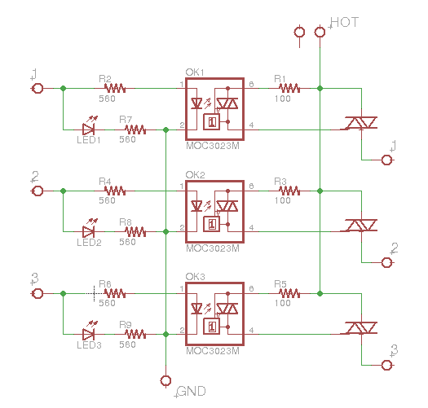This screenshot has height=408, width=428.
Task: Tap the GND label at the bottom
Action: (192, 391)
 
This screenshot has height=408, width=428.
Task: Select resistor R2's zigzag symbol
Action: (114, 88)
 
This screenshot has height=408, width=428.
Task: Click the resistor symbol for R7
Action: (135, 128)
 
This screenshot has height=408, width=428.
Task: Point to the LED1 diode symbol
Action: (90, 128)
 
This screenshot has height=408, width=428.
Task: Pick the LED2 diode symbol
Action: (90, 231)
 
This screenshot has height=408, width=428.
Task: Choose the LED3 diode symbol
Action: (90, 333)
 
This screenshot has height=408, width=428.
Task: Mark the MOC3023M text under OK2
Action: (213, 248)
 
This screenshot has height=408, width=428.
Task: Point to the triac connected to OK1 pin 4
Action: (360, 123)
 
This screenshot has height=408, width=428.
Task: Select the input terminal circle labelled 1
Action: (37, 88)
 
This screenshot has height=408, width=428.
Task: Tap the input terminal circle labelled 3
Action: (37, 292)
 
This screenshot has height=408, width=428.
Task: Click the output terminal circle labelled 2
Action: (386, 262)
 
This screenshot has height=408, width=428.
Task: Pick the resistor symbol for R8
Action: (135, 231)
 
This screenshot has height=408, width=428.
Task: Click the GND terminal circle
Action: (166, 380)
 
